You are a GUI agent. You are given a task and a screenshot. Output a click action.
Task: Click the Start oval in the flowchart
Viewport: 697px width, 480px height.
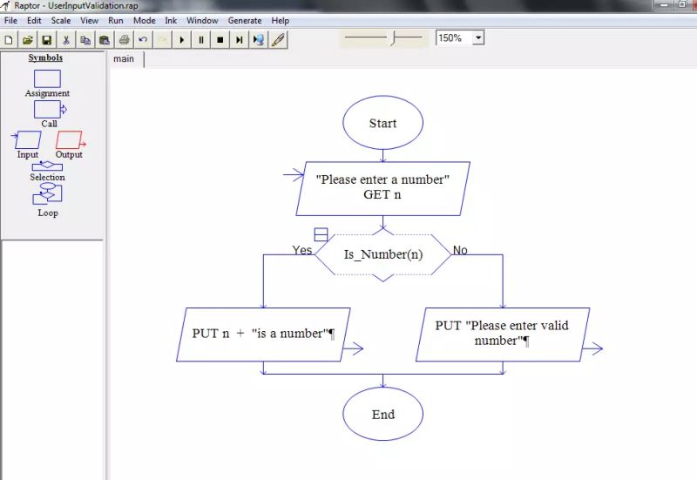click(x=382, y=124)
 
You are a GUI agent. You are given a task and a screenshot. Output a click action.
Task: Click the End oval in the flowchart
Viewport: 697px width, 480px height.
click(x=382, y=415)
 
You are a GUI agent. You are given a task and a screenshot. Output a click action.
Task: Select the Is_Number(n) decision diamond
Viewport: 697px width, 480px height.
click(x=382, y=254)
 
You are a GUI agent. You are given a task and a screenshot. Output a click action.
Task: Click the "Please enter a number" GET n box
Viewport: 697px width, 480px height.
click(x=382, y=187)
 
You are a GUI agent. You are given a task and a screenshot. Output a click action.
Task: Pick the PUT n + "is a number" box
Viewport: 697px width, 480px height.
click(x=263, y=334)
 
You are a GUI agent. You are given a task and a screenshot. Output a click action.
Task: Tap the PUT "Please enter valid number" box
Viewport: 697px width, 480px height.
click(x=502, y=333)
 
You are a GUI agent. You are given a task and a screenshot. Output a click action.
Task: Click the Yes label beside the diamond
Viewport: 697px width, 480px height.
click(x=301, y=250)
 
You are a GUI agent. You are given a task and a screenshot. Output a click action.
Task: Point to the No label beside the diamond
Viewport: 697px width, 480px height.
click(x=460, y=250)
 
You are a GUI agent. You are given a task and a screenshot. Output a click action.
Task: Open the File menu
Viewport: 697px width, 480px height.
click(x=10, y=20)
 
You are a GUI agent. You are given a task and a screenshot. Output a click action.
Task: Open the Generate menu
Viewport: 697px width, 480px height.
click(x=244, y=20)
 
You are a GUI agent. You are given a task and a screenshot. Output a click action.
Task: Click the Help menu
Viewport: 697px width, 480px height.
click(x=280, y=20)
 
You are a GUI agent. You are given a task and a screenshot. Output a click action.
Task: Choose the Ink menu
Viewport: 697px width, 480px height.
click(x=171, y=20)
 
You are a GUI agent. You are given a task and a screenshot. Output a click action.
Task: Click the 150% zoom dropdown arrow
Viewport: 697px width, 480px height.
click(x=477, y=38)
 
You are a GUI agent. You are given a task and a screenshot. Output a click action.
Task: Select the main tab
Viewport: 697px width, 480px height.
click(x=124, y=59)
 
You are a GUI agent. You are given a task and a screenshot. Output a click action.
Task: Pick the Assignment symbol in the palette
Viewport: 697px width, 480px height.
click(x=47, y=79)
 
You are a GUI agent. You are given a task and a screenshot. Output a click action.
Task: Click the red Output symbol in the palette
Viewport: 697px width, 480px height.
click(x=69, y=139)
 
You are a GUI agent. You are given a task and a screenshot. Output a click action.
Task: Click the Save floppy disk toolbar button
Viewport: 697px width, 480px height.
click(x=46, y=39)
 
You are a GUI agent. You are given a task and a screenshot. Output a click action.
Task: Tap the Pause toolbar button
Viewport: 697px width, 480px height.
click(x=201, y=39)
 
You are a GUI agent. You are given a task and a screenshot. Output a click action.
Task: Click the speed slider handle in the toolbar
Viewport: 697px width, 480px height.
click(x=393, y=38)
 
